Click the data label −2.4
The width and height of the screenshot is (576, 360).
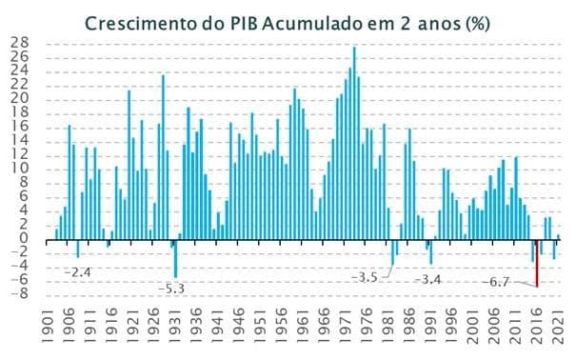(77, 271)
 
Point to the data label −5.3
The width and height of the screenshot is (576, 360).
(171, 289)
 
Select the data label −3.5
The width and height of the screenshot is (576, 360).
(366, 277)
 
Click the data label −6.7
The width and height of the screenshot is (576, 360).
(497, 282)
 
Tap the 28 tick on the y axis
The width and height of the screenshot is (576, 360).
(20, 43)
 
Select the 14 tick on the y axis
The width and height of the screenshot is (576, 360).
(20, 141)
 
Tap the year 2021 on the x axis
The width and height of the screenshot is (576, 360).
(562, 324)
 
